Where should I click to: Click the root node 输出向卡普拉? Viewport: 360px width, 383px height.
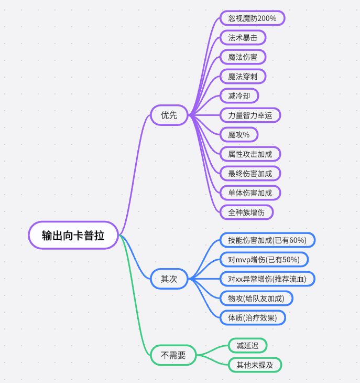pos(73,236)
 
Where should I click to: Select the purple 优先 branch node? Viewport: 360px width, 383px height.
pos(169,115)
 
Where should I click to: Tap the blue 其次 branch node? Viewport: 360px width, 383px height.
pos(169,279)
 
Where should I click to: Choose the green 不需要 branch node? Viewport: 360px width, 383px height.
pos(173,355)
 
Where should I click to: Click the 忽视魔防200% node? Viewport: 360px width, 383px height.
pos(252,18)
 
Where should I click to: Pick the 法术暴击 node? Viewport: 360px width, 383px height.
pos(243,38)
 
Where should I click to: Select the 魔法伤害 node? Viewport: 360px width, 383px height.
pos(243,57)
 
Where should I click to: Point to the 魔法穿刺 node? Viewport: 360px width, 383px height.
pos(243,76)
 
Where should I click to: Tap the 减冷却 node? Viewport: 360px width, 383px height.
pos(239,96)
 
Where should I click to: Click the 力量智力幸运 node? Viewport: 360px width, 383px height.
pos(250,115)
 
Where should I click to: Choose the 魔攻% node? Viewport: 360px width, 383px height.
pos(239,135)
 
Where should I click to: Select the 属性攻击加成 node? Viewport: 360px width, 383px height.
pos(250,154)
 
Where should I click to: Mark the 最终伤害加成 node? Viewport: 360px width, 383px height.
pos(250,173)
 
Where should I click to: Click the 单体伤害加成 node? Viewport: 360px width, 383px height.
pos(250,193)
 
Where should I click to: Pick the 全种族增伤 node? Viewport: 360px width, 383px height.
pos(246,212)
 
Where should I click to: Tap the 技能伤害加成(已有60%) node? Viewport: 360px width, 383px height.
pos(267,240)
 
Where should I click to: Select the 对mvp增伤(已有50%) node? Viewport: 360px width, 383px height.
pos(264,260)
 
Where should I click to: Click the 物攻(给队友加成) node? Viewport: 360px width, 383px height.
pos(256,299)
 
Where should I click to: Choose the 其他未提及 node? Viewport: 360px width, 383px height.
pos(255,365)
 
